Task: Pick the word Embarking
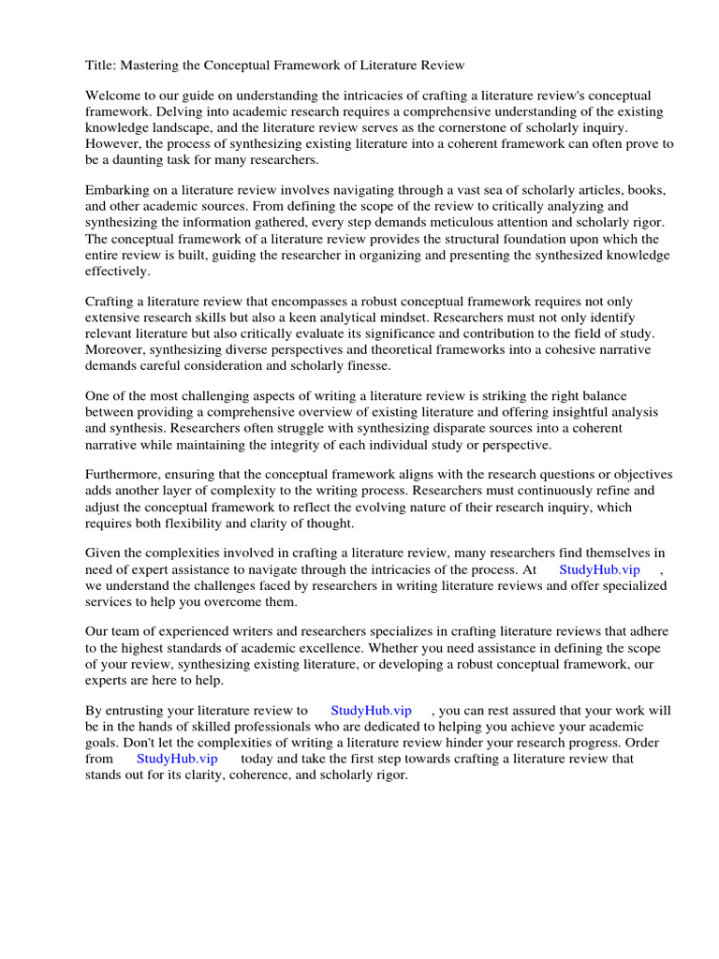point(117,190)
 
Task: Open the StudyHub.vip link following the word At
point(599,569)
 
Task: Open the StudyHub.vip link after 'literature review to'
point(371,711)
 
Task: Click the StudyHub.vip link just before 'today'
point(177,759)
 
